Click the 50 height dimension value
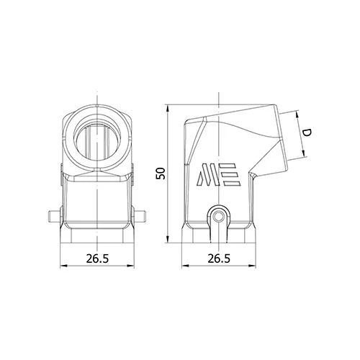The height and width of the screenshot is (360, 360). click(x=161, y=174)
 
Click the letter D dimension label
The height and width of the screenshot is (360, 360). click(x=306, y=132)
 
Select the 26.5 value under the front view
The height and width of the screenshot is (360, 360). click(x=97, y=258)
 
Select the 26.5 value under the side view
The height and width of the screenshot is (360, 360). click(x=219, y=258)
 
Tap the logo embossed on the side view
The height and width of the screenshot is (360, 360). click(x=218, y=175)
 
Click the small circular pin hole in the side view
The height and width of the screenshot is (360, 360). click(x=218, y=217)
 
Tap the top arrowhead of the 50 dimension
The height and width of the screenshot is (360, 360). click(x=168, y=108)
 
